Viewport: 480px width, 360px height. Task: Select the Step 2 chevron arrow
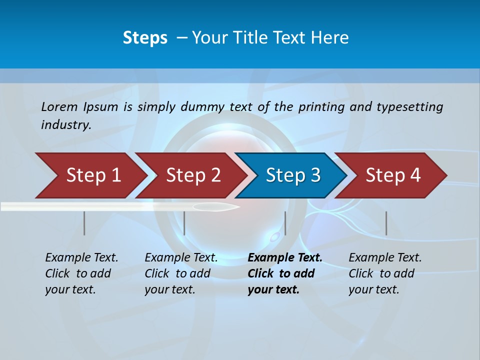coord(193,175)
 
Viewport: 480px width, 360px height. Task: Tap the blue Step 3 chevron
coord(293,175)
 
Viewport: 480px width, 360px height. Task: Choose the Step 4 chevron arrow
coord(393,175)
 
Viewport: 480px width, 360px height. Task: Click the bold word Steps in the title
coord(145,38)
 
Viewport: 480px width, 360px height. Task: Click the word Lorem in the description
coord(59,106)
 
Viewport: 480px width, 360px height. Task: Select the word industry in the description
coord(66,125)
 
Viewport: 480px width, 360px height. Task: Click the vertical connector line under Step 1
coord(84,223)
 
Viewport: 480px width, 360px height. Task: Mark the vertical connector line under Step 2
coord(184,223)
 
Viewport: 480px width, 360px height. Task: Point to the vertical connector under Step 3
coord(285,223)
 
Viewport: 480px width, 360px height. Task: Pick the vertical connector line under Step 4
coord(386,223)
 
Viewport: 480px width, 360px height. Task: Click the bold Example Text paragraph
coord(285,273)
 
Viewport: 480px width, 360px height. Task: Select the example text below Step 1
coord(81,273)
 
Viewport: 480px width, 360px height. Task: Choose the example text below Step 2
coord(181,273)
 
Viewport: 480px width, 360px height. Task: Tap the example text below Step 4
coord(385,273)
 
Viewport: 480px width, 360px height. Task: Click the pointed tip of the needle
coord(238,206)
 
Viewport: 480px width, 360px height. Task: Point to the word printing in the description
coord(321,107)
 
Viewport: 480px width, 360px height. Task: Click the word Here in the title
coord(331,38)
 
